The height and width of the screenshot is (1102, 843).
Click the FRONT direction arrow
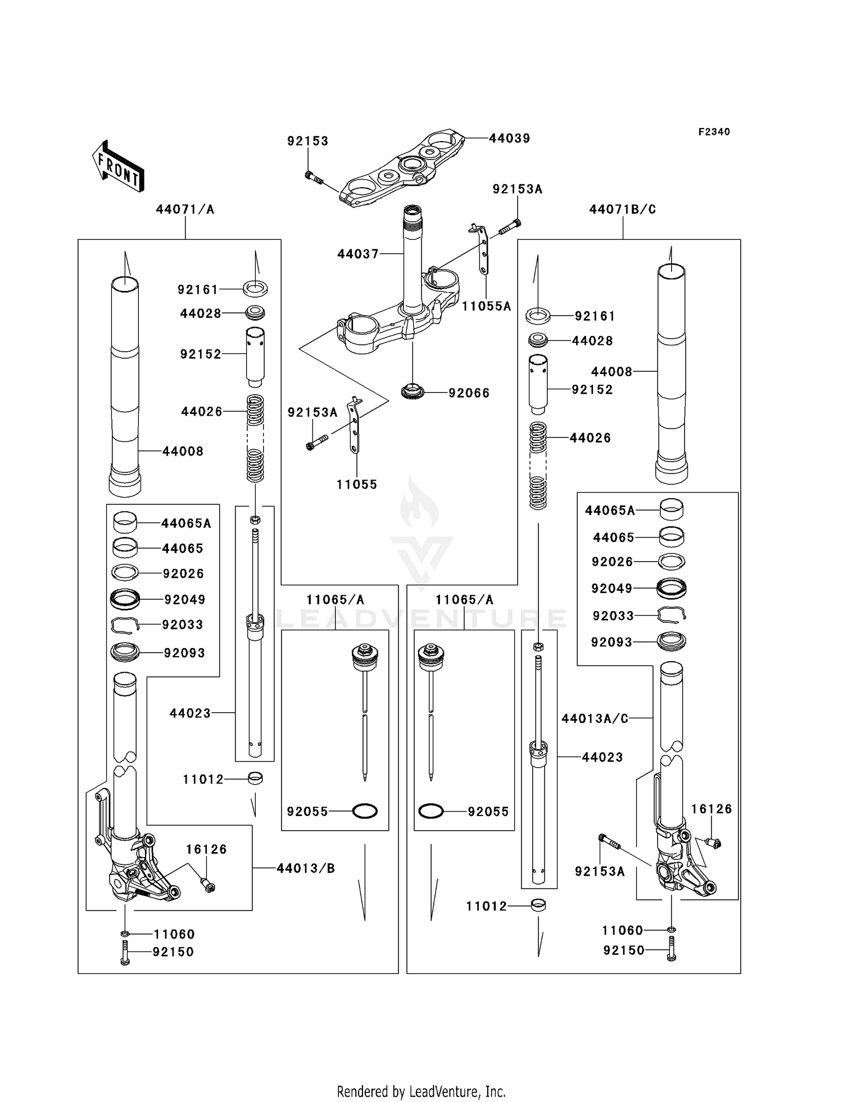tap(118, 167)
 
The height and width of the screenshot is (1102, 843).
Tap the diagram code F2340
tap(714, 132)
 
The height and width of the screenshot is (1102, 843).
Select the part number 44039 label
tap(509, 138)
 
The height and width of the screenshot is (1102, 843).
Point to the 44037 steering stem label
tap(358, 254)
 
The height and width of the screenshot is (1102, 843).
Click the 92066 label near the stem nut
tap(469, 393)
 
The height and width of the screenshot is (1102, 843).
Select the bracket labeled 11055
tap(354, 424)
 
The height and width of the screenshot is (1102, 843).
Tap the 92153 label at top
tap(307, 141)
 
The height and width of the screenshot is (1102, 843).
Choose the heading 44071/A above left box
tap(185, 210)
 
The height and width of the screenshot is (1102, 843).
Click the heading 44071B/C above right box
tap(622, 210)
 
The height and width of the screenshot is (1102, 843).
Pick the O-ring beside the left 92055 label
tap(364, 811)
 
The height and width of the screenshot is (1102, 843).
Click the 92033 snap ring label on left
tap(182, 625)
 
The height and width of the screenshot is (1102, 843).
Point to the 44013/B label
tap(306, 868)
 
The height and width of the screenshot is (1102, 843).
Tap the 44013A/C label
tap(595, 718)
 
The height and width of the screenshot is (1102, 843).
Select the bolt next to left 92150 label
tap(125, 953)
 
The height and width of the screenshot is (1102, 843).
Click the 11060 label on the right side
tap(622, 931)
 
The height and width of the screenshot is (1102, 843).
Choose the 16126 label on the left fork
tap(206, 849)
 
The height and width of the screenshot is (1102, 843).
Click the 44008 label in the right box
tap(611, 371)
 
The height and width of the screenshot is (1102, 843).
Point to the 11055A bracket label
tap(486, 306)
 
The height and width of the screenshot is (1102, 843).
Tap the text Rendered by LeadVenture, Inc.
tap(421, 1091)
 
